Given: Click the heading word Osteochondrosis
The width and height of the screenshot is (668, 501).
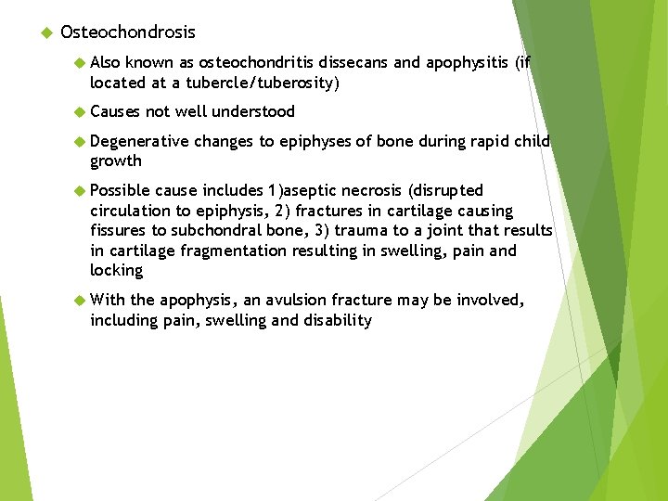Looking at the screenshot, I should (127, 32).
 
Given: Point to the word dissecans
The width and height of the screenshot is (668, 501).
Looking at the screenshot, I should (354, 63).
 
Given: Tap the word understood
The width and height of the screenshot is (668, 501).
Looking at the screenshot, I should (253, 112).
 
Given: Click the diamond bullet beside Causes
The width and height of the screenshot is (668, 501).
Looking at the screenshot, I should (79, 112).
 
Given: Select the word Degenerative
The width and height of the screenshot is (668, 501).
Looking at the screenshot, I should (139, 142).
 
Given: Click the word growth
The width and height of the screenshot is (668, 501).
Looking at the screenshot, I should (116, 161).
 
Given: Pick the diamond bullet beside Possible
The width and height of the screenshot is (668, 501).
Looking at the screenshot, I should (79, 191).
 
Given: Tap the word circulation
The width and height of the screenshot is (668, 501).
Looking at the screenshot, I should (130, 211).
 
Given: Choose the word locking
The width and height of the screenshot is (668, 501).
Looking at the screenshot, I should (117, 270).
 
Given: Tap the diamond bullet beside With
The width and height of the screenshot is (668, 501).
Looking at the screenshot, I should (79, 301).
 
